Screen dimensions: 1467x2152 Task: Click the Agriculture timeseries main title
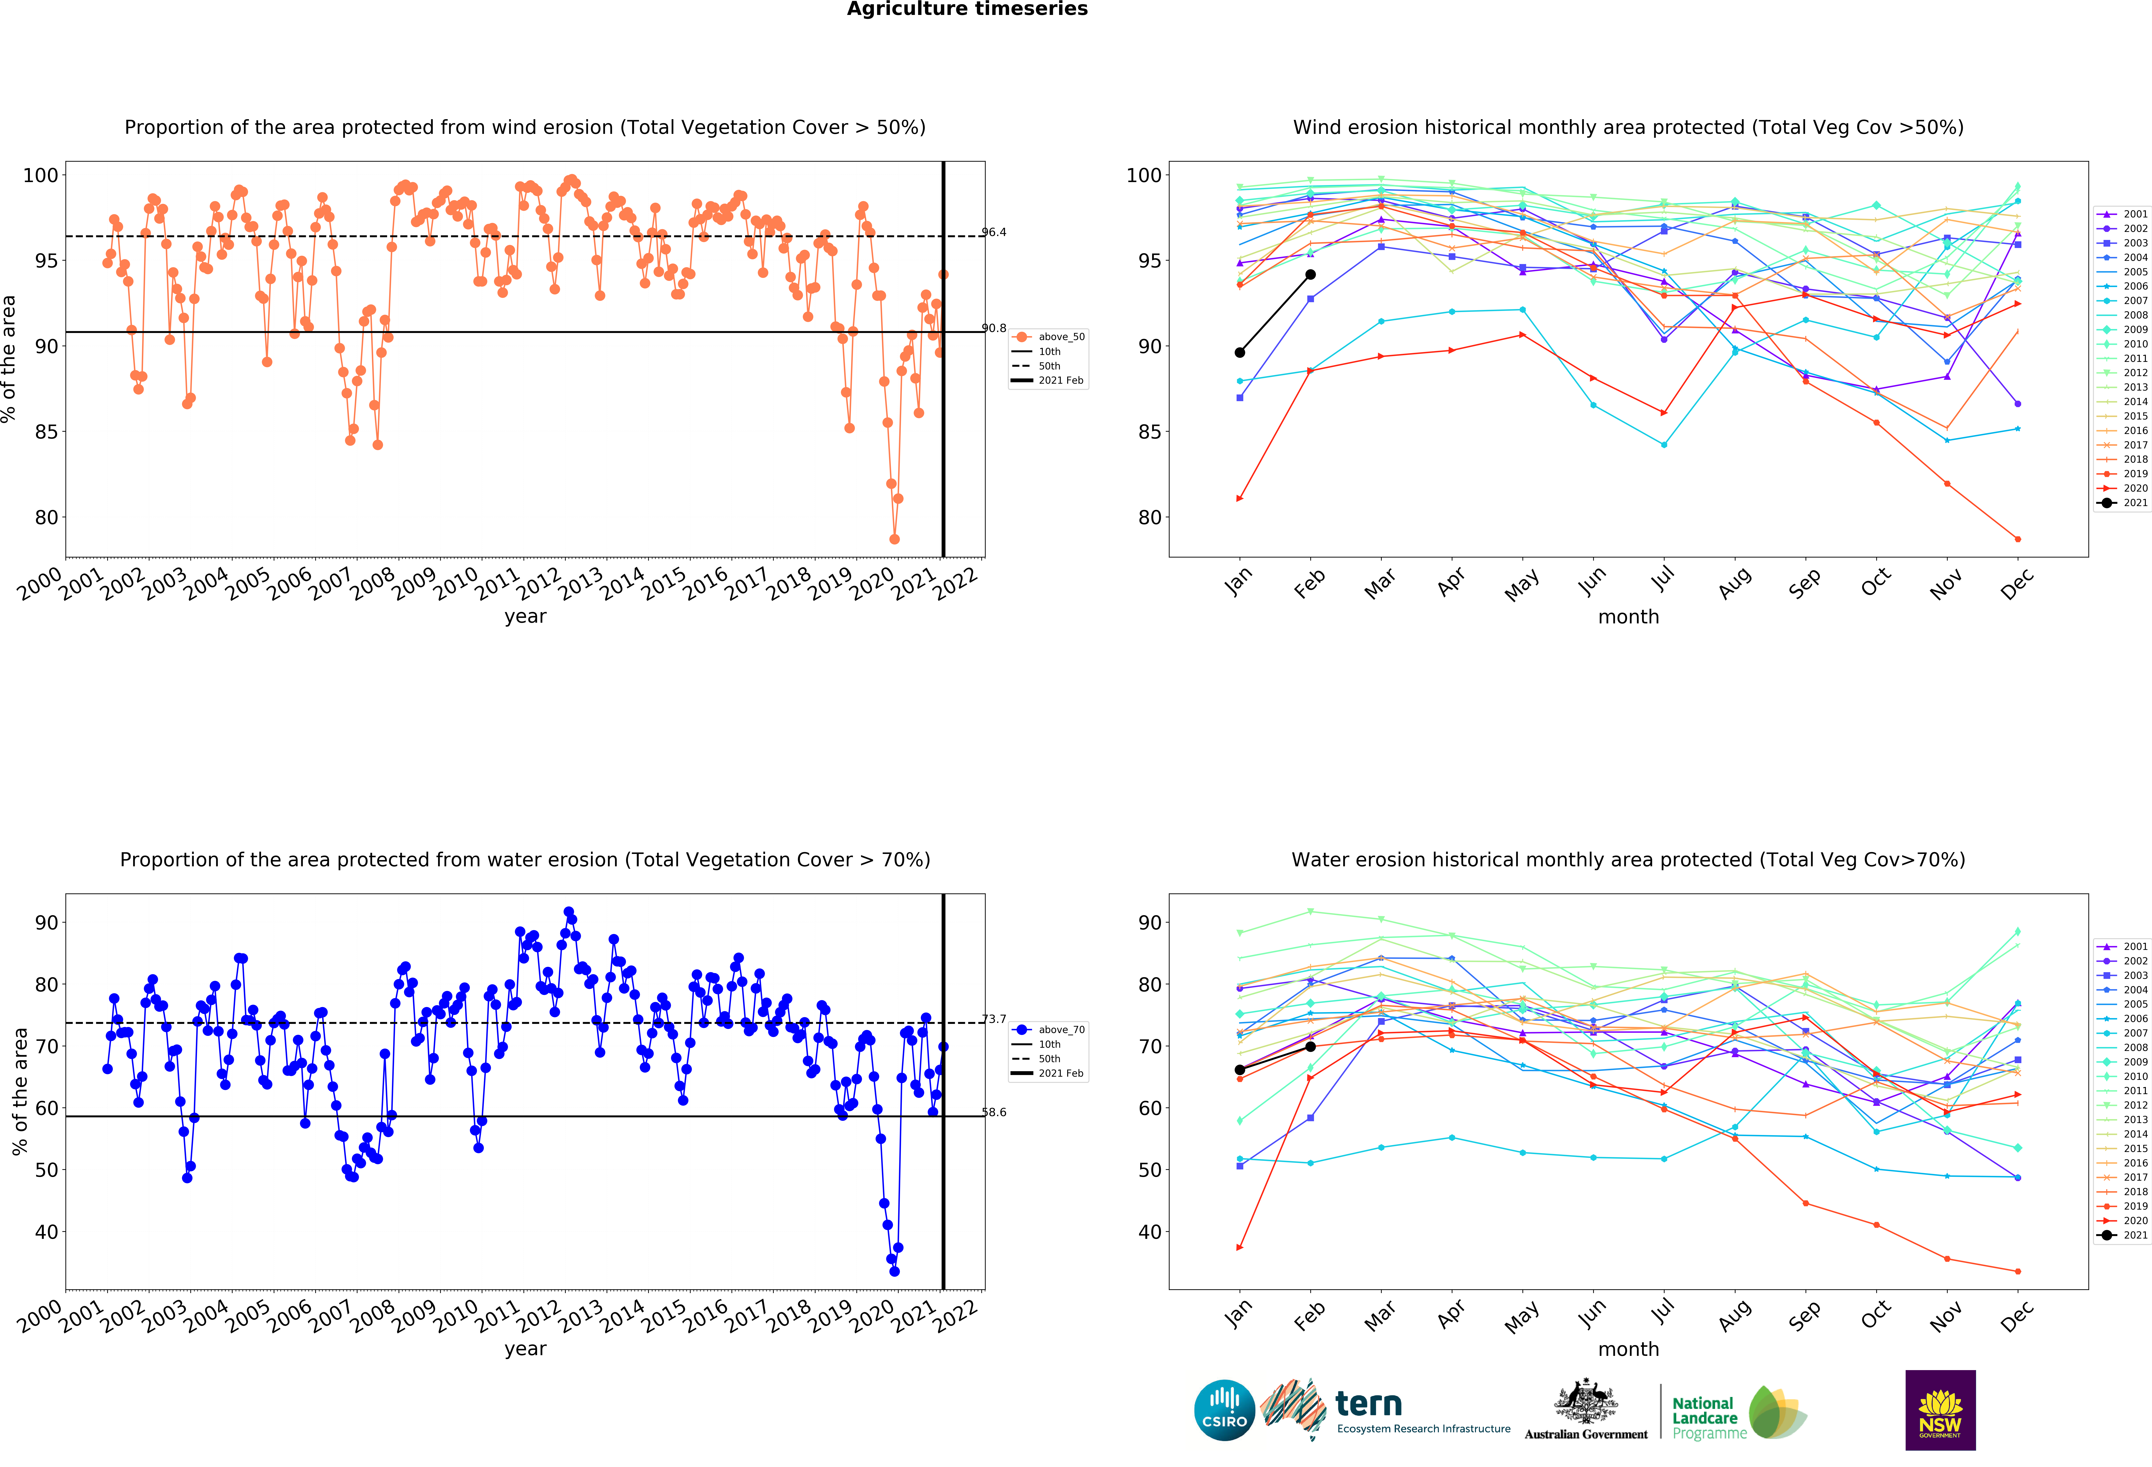pyautogui.click(x=967, y=9)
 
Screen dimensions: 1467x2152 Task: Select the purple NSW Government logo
pyautogui.click(x=1940, y=1410)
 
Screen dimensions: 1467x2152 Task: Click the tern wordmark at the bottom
pyautogui.click(x=1369, y=1404)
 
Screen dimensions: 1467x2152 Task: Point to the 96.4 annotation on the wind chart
pyautogui.click(x=994, y=232)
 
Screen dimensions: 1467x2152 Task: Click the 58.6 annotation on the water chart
pyautogui.click(x=994, y=1112)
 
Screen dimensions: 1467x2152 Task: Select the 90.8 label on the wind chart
pyautogui.click(x=994, y=328)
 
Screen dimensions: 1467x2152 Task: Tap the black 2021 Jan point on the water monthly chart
pyautogui.click(x=1240, y=1070)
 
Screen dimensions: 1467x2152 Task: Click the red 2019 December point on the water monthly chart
pyautogui.click(x=2018, y=1272)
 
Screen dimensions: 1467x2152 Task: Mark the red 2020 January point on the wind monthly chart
pyautogui.click(x=1240, y=498)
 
